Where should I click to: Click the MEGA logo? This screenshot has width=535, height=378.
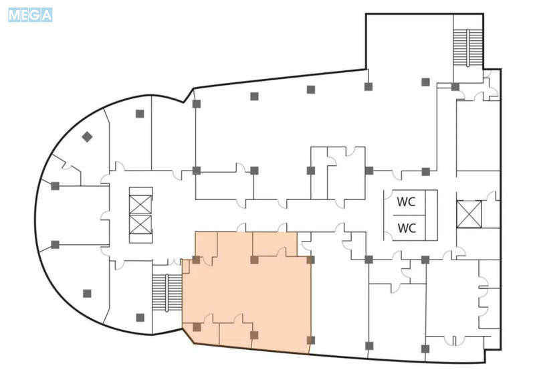30,15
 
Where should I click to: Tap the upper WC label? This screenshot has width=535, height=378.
406,202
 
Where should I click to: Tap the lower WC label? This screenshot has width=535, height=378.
407,227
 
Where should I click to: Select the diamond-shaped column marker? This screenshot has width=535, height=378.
87,137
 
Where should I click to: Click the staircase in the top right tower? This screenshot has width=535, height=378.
467,48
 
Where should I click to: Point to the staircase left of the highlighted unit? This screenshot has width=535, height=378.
167,292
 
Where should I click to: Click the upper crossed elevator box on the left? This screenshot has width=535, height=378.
140,205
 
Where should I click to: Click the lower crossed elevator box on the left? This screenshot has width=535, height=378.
140,225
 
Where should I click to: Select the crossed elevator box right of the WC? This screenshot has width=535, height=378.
469,214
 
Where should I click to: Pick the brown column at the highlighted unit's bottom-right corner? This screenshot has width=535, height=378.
310,340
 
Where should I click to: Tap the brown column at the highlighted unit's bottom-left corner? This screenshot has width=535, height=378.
197,327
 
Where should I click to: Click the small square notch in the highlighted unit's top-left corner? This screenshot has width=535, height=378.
186,267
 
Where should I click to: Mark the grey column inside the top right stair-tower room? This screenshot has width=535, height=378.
425,82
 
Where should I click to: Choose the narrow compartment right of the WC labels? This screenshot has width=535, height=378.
431,215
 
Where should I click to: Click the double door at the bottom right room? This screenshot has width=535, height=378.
455,341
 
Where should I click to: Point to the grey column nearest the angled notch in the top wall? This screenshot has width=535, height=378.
196,104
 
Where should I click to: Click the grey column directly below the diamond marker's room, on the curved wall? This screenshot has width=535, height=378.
55,186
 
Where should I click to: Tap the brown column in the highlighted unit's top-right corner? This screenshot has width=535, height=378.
310,260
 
